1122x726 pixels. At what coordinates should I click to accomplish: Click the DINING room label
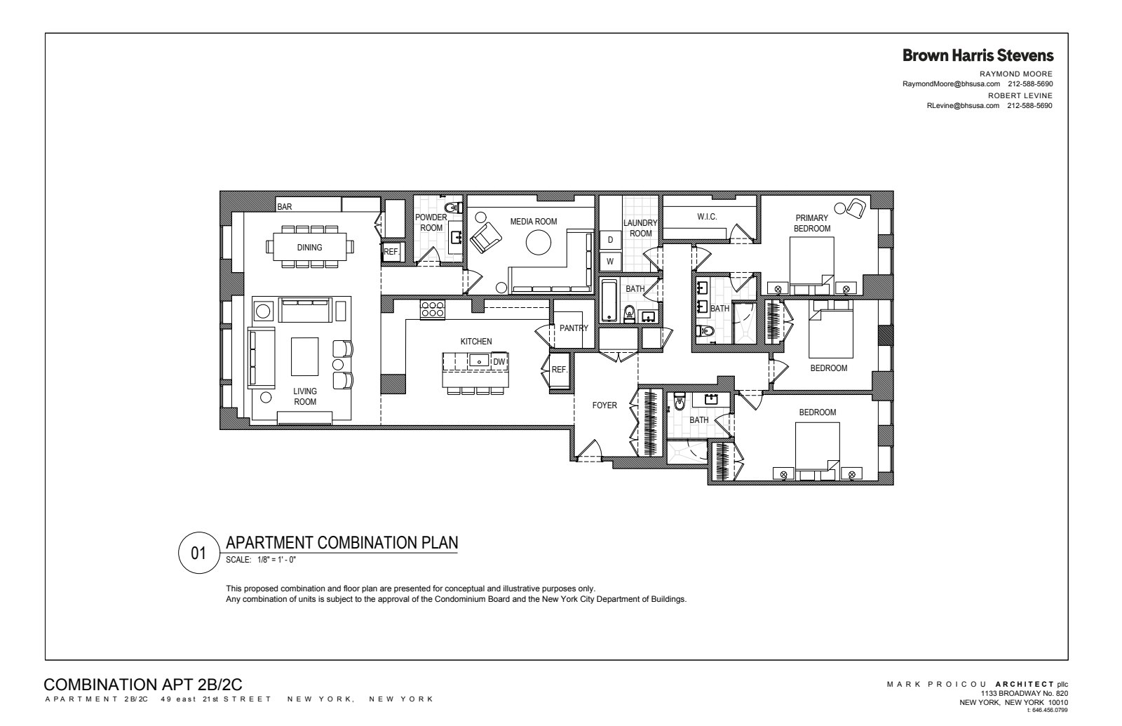(309, 247)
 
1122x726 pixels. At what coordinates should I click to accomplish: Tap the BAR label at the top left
(284, 207)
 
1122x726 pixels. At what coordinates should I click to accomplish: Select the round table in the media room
(539, 243)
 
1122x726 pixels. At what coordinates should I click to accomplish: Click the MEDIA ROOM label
(533, 222)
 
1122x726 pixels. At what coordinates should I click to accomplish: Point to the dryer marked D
(610, 240)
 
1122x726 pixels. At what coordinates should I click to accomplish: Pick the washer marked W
(610, 262)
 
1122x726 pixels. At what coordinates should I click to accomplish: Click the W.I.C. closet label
(707, 217)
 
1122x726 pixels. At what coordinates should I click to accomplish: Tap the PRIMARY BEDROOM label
(811, 223)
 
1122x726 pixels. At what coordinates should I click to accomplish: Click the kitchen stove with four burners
(432, 309)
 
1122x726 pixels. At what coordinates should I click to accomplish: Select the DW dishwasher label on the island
(499, 361)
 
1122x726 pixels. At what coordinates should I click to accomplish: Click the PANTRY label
(574, 328)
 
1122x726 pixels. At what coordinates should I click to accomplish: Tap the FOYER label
(604, 405)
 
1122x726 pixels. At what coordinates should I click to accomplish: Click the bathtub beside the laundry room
(608, 300)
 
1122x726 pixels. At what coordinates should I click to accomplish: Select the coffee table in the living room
(304, 356)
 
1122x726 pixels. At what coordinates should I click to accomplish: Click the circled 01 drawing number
(199, 553)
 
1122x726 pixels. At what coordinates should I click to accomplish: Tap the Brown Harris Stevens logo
(978, 55)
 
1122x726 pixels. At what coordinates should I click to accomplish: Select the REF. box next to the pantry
(559, 370)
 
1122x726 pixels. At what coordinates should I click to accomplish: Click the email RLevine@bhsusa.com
(962, 106)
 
